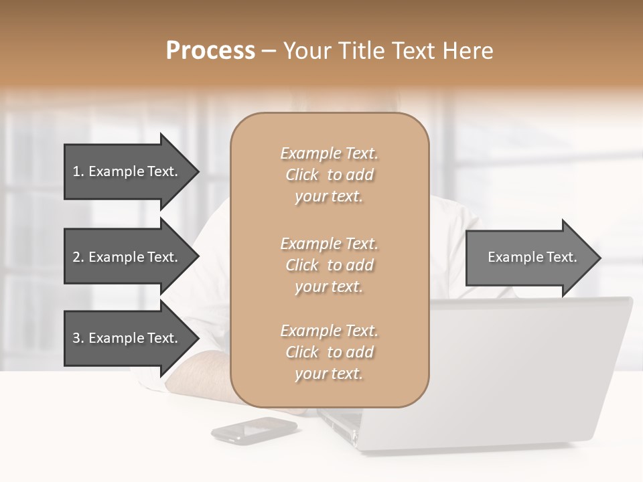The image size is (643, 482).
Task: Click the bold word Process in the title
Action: (210, 51)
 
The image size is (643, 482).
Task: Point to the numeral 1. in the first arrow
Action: (78, 171)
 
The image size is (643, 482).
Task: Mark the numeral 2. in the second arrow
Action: (78, 257)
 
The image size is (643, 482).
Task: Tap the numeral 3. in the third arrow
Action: (78, 338)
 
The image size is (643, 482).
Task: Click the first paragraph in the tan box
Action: (330, 175)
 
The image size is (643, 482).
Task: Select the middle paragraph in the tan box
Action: (330, 265)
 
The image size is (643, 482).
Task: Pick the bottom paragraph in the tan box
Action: (330, 352)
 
